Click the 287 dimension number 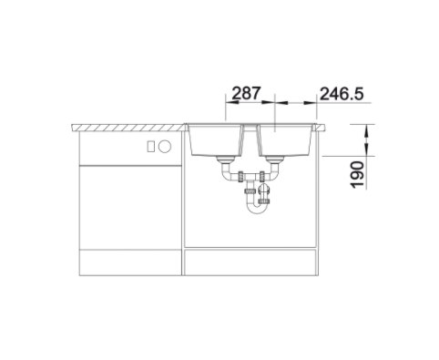point(246,93)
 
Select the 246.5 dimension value point(342,94)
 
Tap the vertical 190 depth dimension point(357,175)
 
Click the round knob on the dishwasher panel point(165,147)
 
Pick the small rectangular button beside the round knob point(150,147)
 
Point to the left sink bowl point(215,140)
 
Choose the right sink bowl point(285,140)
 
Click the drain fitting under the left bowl point(225,159)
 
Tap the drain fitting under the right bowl point(275,159)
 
